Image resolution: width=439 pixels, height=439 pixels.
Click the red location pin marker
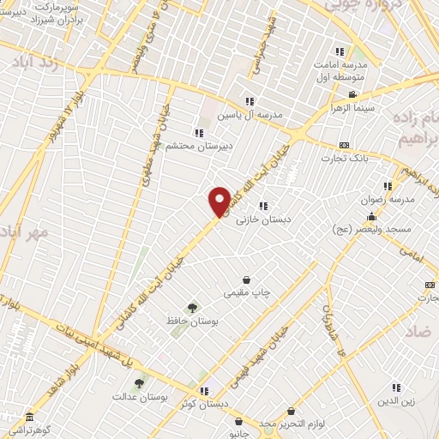pos(219,201)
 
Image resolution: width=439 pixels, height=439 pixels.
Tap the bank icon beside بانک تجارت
pos(345,145)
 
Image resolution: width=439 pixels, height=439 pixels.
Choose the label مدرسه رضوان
pos(391,199)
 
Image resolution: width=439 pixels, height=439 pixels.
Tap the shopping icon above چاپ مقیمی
pos(247,280)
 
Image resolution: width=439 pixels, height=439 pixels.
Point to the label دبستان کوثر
pos(202,403)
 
